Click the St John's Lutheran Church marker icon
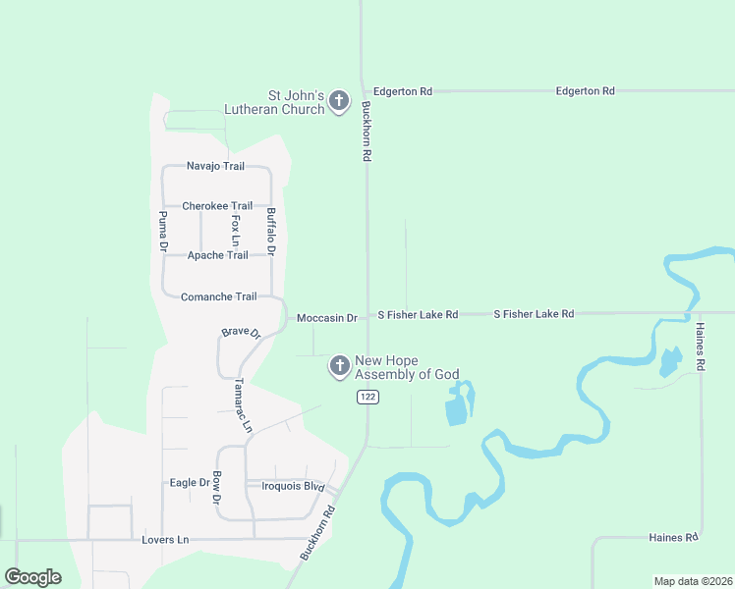click(x=339, y=101)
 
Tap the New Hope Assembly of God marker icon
click(x=339, y=366)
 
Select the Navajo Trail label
click(x=215, y=167)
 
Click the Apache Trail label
click(x=217, y=255)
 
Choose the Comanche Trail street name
click(x=218, y=296)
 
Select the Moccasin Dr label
click(x=327, y=318)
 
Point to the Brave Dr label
click(x=241, y=333)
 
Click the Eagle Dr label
click(x=190, y=483)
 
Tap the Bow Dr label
click(x=217, y=488)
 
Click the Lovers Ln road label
click(x=165, y=540)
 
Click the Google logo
click(x=32, y=577)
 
